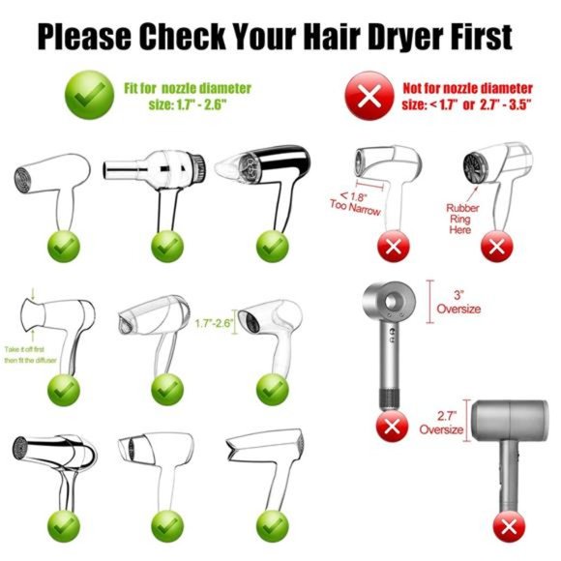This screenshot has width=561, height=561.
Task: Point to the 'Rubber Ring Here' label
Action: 462,218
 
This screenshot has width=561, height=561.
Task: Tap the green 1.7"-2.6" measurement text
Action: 215,324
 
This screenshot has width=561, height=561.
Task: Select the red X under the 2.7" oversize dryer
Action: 507,527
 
